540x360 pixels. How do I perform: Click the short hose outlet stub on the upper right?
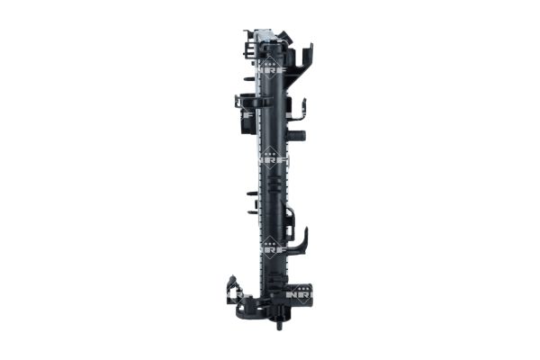(299, 135)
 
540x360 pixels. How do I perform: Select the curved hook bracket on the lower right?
(301, 241)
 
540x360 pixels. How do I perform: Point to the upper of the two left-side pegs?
(248, 191)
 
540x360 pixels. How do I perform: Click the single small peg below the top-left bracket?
(249, 79)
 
